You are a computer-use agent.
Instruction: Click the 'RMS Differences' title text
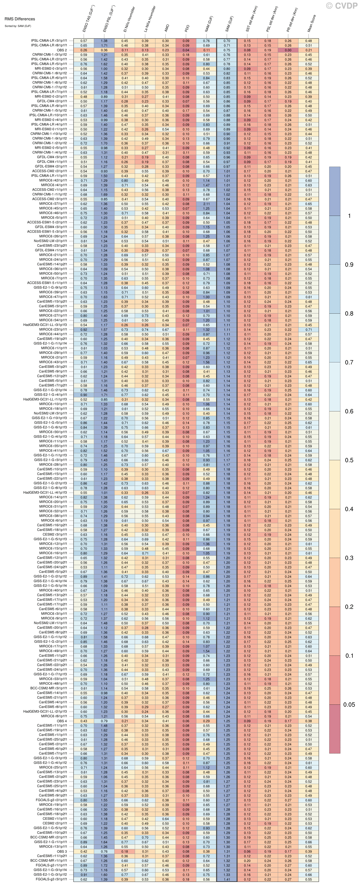tap(20, 19)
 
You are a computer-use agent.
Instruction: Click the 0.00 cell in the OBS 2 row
tap(288, 50)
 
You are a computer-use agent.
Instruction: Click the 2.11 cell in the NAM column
tap(206, 204)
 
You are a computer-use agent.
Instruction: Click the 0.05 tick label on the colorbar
tap(349, 704)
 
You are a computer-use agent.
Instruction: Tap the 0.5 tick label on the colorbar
tap(349, 460)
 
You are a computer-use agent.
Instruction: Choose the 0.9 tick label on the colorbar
tap(349, 264)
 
